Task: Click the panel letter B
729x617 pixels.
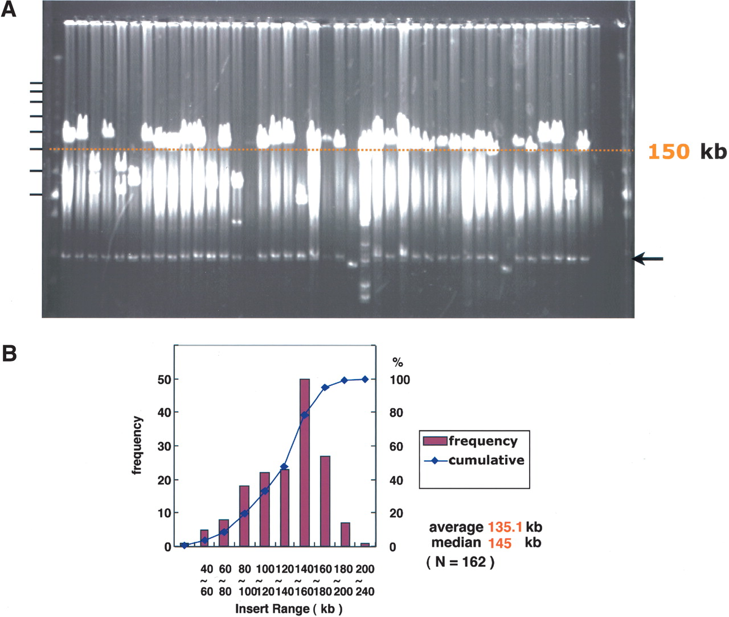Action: click(x=9, y=353)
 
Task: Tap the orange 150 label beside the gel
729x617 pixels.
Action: click(x=669, y=152)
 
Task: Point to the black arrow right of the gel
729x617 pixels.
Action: click(x=647, y=259)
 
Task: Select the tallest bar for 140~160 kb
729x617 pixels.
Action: click(x=304, y=462)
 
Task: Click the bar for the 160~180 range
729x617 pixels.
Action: click(x=325, y=501)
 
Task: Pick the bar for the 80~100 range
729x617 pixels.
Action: click(x=244, y=516)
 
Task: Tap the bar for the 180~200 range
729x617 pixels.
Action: click(x=345, y=534)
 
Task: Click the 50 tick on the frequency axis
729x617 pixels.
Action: click(x=164, y=380)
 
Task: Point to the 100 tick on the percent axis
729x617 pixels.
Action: click(x=400, y=380)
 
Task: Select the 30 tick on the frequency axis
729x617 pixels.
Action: click(x=164, y=446)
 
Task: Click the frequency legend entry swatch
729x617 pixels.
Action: click(x=435, y=441)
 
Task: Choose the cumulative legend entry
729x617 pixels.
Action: click(x=474, y=460)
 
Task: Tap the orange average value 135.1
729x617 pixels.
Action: click(x=505, y=527)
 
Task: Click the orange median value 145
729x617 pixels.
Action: click(x=499, y=543)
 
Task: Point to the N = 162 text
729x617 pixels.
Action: click(x=460, y=562)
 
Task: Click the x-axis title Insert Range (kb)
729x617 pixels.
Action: click(x=289, y=608)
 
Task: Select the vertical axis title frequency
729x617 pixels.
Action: click(x=137, y=445)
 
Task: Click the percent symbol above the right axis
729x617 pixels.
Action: click(x=398, y=362)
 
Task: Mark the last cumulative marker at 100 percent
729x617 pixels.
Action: click(x=365, y=379)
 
